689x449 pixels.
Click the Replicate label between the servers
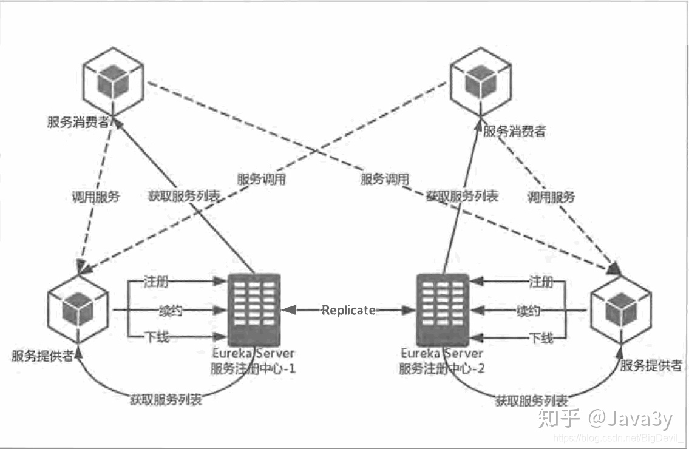(348, 310)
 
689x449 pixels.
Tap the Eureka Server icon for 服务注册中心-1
(254, 309)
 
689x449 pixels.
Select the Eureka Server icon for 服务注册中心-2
(443, 309)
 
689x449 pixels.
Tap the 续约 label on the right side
(528, 311)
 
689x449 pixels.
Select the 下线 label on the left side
(157, 337)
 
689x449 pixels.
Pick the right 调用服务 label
(551, 197)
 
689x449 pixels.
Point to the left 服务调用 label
(262, 180)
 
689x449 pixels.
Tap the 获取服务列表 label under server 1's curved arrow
(166, 400)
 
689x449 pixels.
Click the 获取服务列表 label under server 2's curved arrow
(532, 401)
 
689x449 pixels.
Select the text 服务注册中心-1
(253, 368)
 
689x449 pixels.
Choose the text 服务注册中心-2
(442, 368)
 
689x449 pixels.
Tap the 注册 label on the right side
(541, 282)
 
